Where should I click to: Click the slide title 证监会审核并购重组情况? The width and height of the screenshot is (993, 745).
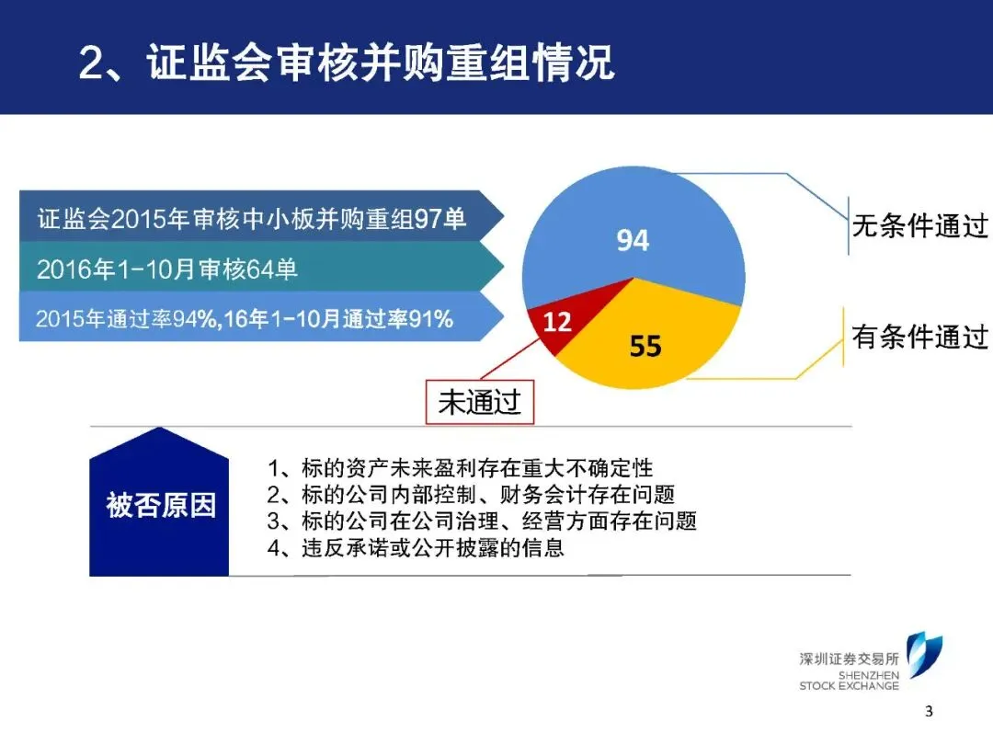coord(381,63)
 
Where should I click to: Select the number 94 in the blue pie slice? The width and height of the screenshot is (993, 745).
coord(633,241)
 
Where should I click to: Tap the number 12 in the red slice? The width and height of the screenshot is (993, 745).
coord(557,322)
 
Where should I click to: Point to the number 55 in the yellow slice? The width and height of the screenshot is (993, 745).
coord(645,347)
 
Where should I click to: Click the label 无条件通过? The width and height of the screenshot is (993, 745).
coord(919,225)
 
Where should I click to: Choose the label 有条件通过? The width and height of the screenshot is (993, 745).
coord(919,337)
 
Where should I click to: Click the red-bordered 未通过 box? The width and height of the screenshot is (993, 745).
coord(479,402)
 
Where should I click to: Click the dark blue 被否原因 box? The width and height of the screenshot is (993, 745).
coord(159,502)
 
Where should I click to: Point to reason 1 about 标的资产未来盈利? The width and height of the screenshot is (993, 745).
coord(460,468)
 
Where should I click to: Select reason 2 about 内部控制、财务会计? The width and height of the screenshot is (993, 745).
coord(471,495)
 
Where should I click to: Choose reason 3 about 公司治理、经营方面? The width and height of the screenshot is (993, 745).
coord(481,521)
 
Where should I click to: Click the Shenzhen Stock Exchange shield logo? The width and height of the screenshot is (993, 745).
coord(924,655)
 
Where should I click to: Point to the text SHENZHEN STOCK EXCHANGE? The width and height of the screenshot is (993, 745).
coord(850,681)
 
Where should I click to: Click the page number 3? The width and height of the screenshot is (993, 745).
coord(929,711)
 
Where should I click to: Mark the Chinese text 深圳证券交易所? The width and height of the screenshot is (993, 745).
coord(850,659)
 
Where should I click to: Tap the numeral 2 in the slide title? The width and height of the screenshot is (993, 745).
coord(92,63)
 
